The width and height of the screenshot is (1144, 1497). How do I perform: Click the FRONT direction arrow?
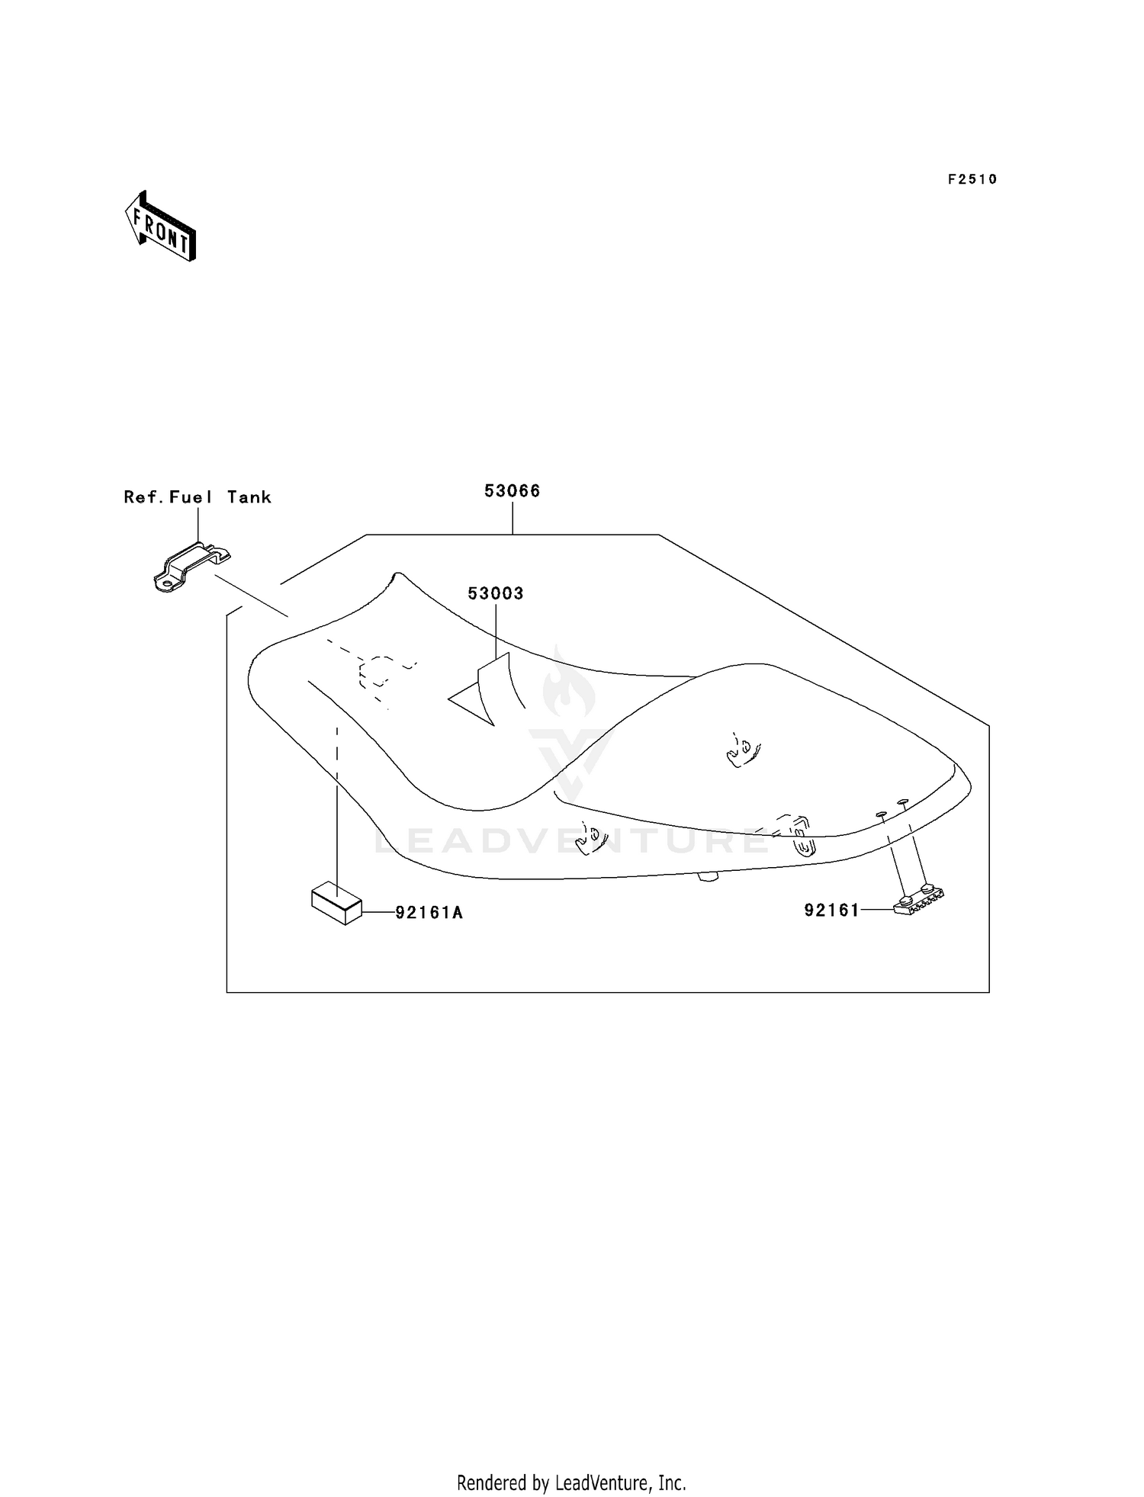point(160,226)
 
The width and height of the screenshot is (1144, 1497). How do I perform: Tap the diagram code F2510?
point(972,179)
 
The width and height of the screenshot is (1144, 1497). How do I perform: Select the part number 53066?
point(513,491)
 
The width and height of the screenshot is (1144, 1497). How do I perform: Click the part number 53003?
point(496,593)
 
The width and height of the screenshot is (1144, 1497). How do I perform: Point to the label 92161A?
point(429,912)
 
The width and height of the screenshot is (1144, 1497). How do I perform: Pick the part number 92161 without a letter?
point(831,910)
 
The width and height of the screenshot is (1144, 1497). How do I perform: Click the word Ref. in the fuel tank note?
point(143,497)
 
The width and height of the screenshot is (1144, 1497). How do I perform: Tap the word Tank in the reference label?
point(249,497)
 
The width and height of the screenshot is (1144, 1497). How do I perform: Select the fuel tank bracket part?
point(191,567)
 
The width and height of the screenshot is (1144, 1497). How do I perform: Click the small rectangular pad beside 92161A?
point(336,902)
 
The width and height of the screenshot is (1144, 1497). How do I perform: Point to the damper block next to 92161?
point(919,901)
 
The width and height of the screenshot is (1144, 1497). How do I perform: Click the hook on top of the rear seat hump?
point(741,750)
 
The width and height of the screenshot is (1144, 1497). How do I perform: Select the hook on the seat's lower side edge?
point(592,837)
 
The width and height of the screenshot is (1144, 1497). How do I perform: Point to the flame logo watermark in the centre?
point(570,684)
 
